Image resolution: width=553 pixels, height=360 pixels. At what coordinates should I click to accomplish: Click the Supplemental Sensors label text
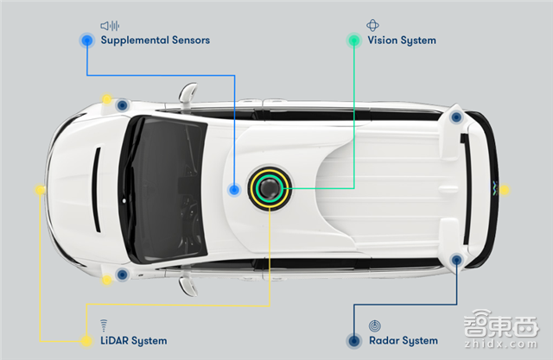(x=155, y=40)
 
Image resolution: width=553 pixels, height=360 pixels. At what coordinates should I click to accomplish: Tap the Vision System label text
(x=402, y=40)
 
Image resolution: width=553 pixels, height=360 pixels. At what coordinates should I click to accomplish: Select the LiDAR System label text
(x=133, y=340)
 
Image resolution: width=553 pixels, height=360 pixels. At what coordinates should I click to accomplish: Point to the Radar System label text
(x=403, y=340)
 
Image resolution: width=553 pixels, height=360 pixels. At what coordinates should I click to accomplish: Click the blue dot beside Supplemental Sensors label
(x=86, y=40)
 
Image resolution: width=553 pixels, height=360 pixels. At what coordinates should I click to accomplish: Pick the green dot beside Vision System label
(x=353, y=40)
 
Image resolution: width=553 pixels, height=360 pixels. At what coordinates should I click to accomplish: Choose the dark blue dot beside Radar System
(x=353, y=340)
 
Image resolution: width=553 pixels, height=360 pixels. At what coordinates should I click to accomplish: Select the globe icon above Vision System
(x=373, y=25)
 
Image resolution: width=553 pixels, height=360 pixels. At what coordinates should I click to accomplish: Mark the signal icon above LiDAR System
(x=104, y=325)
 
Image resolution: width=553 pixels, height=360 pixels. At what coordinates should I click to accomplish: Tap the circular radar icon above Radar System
(x=373, y=325)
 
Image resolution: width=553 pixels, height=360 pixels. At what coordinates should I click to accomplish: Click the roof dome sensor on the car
(x=269, y=188)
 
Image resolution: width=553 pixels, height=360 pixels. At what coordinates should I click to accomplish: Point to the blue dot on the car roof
(x=233, y=189)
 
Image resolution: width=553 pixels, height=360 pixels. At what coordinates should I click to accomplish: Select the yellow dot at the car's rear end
(x=505, y=189)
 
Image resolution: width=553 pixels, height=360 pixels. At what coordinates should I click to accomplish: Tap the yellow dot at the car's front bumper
(x=40, y=189)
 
